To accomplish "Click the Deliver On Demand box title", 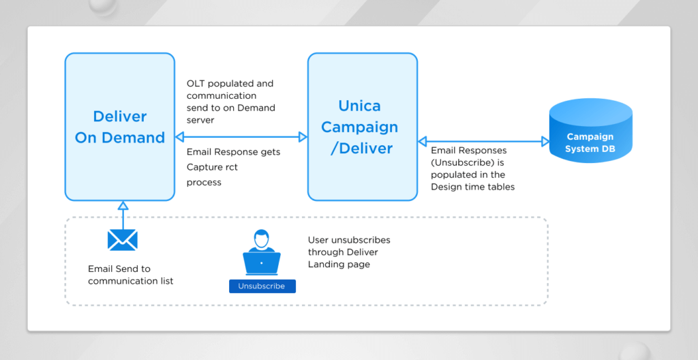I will click(120, 127).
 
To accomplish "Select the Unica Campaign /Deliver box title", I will click(359, 127).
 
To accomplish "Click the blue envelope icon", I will click(123, 240).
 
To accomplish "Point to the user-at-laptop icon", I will click(262, 253).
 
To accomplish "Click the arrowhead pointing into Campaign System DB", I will click(545, 142).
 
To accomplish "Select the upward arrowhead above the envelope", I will click(123, 205).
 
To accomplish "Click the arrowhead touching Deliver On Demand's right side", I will click(180, 137).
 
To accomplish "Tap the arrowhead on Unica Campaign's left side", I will click(303, 137).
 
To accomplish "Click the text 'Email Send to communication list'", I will click(130, 275).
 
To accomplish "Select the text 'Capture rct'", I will click(212, 167).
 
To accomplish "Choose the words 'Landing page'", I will click(339, 264).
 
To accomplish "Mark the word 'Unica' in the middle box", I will click(359, 106).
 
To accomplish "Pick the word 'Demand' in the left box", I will click(134, 137).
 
